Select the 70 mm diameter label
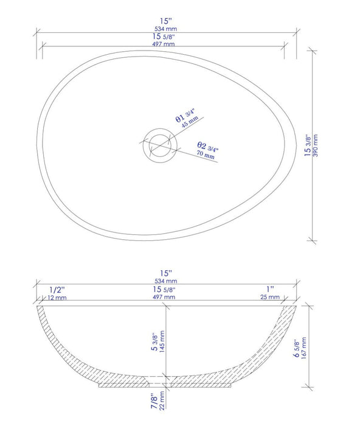(x=206, y=155)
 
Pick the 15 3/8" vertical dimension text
(x=307, y=146)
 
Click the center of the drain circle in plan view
(x=160, y=144)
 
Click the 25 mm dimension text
(x=271, y=297)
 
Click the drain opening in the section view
(x=160, y=382)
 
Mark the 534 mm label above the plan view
(x=167, y=28)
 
